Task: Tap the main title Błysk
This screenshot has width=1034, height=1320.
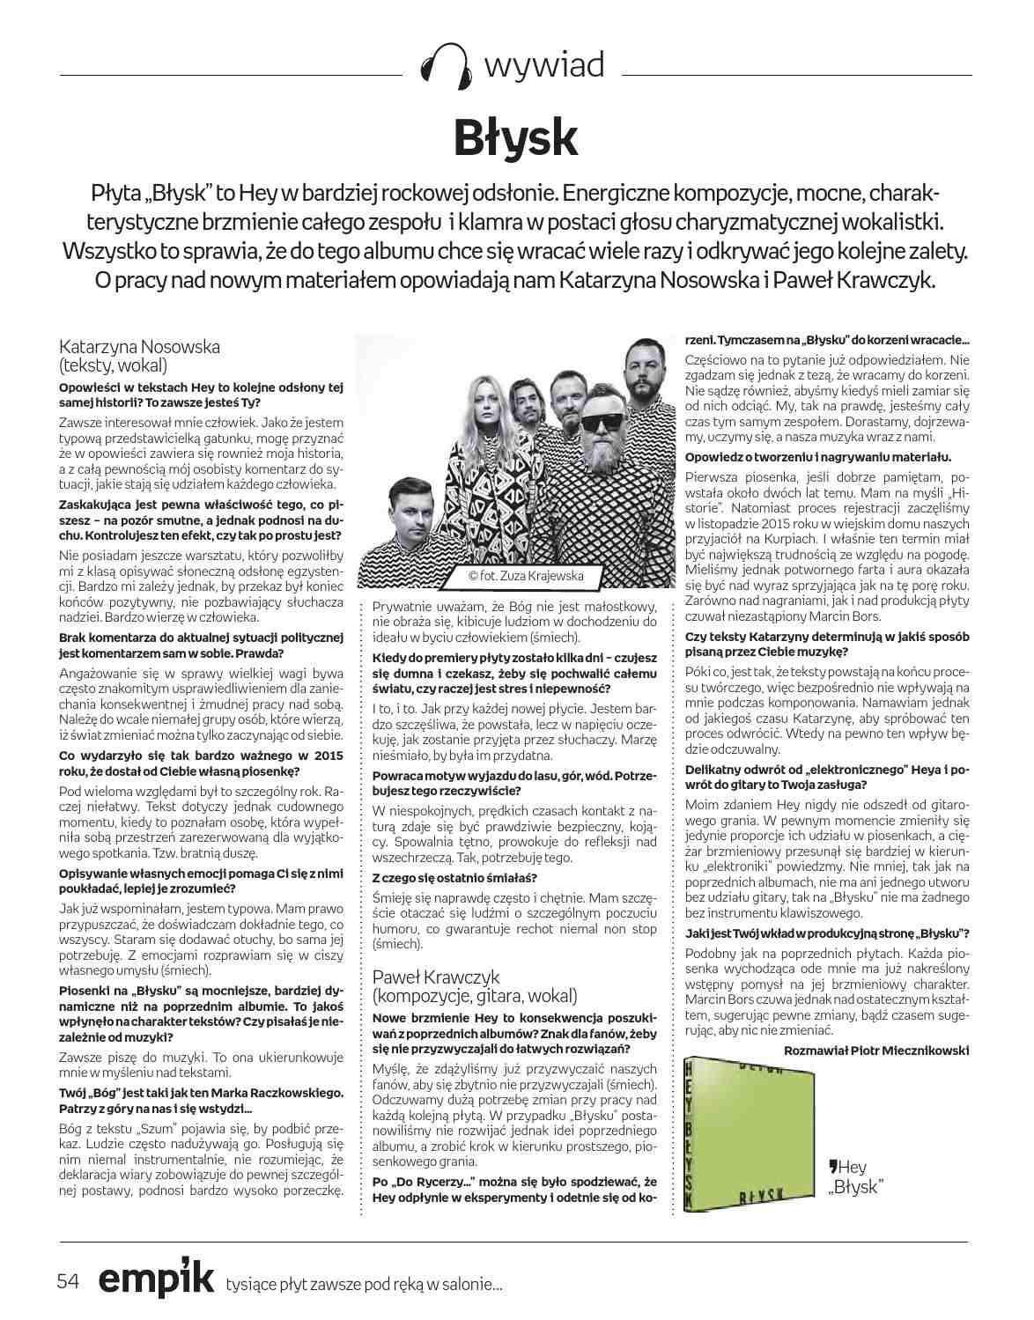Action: click(516, 136)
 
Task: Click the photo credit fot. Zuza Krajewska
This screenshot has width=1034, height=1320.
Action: click(525, 577)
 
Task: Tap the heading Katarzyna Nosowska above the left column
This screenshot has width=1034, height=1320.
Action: click(139, 346)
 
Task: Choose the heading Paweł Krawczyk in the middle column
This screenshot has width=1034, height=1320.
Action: click(436, 977)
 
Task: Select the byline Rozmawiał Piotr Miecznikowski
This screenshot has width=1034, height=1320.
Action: click(876, 1050)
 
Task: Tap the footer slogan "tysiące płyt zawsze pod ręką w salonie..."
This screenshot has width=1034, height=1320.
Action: click(365, 1285)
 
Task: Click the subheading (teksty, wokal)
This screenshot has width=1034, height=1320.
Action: click(113, 365)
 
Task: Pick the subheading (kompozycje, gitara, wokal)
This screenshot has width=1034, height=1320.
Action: click(476, 996)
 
